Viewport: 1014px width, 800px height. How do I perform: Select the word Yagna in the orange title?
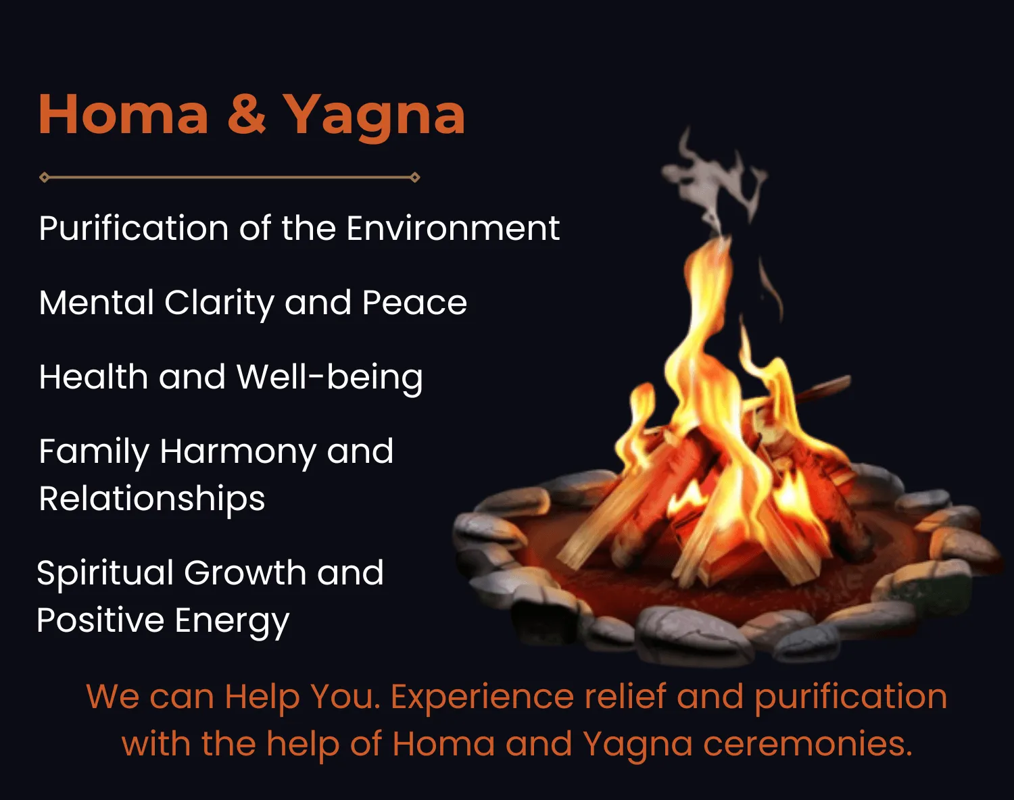click(375, 117)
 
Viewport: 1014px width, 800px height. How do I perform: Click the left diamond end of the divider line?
click(45, 178)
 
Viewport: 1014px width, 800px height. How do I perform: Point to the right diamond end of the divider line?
click(414, 178)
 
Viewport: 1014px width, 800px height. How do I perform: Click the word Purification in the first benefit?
click(134, 230)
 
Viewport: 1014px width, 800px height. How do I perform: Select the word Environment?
click(454, 228)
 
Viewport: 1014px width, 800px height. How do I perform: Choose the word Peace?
click(414, 303)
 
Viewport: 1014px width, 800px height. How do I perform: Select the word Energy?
click(232, 622)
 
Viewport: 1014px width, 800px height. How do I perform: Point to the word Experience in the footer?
click(483, 698)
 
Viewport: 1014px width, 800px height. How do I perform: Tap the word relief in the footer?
click(625, 696)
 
